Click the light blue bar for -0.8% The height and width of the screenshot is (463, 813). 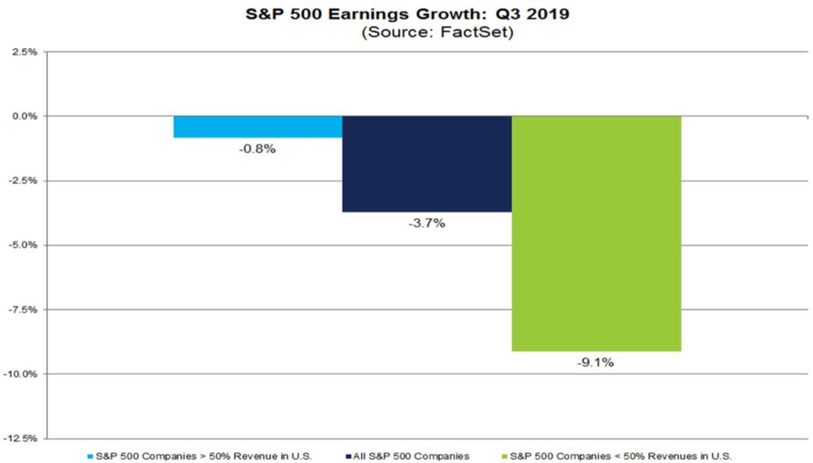(257, 126)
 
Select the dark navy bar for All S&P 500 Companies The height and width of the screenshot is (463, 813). (427, 163)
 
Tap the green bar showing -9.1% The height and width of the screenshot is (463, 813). (596, 233)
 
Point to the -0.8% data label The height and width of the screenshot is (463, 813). (258, 149)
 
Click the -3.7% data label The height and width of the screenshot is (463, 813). (428, 224)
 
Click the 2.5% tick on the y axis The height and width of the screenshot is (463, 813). (25, 52)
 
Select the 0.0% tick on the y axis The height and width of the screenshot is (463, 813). (25, 116)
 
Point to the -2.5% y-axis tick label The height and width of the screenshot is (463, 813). (23, 181)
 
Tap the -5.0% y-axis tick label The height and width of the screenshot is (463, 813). (23, 245)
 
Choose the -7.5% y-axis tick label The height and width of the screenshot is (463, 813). (23, 309)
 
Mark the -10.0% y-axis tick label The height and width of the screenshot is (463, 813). (21, 374)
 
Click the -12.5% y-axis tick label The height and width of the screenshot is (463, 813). (21, 439)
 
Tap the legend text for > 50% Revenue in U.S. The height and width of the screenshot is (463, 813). (204, 455)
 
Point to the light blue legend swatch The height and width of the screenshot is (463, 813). (91, 455)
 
